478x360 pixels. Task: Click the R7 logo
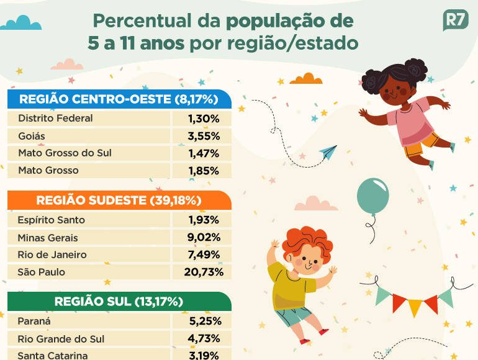[455, 20]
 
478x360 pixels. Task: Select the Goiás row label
[32, 135]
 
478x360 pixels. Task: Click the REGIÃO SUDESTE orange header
[119, 200]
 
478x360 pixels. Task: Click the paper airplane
[328, 152]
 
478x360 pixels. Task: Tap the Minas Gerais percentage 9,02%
[204, 237]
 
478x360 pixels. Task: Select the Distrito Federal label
[55, 118]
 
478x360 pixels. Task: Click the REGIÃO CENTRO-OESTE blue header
[118, 99]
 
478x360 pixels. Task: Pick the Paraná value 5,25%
[204, 322]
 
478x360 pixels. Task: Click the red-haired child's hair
[307, 241]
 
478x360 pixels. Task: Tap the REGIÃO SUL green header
[119, 302]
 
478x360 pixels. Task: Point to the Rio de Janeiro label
[52, 254]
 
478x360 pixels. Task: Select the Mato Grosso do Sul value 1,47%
[204, 153]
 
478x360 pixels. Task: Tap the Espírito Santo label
[52, 220]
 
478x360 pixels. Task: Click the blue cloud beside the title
[22, 24]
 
